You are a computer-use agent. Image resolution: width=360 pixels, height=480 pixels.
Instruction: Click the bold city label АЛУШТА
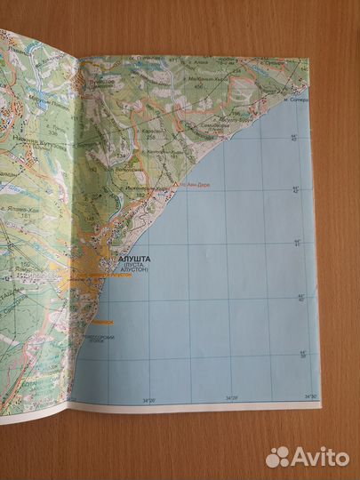[119, 260]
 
